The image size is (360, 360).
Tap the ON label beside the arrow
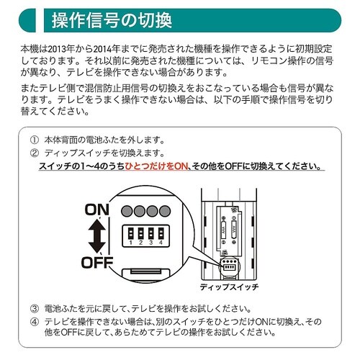pyautogui.click(x=99, y=210)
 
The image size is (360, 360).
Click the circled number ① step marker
pyautogui.click(x=34, y=140)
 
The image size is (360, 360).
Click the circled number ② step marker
pyautogui.click(x=34, y=153)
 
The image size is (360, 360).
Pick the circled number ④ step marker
pyautogui.click(x=34, y=321)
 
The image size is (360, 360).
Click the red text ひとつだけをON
pyautogui.click(x=156, y=167)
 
